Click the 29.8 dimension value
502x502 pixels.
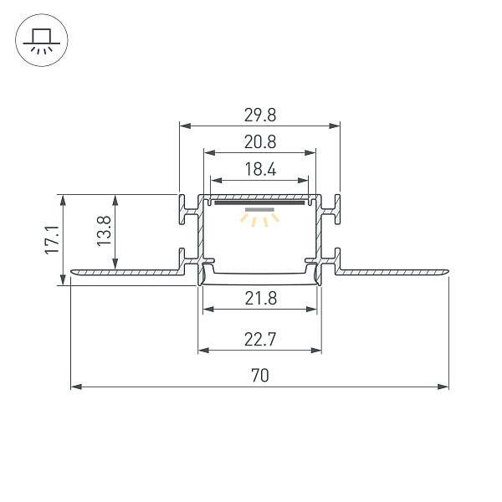coord(259,115)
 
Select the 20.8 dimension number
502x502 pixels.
coord(259,142)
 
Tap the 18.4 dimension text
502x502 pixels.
coord(259,170)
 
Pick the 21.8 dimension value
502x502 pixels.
coord(259,299)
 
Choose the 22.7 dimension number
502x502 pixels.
coord(259,339)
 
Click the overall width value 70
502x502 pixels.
coord(259,376)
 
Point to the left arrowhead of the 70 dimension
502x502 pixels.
coord(75,387)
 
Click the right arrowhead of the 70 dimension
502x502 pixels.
coord(444,387)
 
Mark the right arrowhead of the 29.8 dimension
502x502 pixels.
coord(336,125)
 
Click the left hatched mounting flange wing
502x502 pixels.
coord(125,271)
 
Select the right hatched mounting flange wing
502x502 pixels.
coord(393,271)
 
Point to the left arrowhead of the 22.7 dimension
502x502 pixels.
coord(202,350)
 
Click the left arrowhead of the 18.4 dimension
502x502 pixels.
coord(214,181)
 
